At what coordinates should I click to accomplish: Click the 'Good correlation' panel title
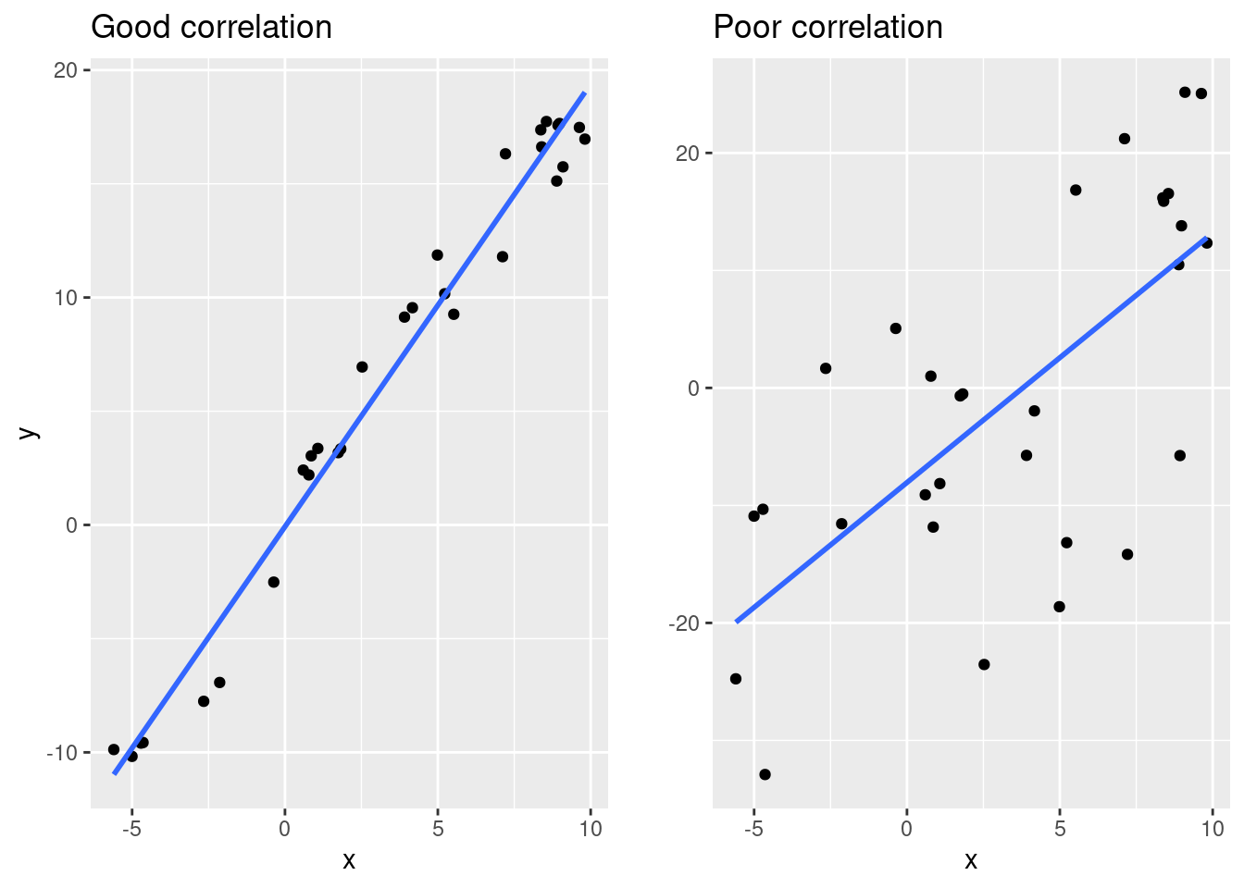point(211,28)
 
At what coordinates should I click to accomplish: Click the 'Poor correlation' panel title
point(827,28)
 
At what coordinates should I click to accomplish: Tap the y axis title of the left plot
point(29,432)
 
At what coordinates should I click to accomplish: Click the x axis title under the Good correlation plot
point(349,861)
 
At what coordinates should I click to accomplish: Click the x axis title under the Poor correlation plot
point(971,861)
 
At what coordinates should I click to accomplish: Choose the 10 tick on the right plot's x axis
point(1213,829)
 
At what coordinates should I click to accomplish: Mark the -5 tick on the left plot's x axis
point(131,829)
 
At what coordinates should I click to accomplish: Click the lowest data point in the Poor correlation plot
point(765,774)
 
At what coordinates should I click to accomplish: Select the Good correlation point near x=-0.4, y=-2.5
point(274,582)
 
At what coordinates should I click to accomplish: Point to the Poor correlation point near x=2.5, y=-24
point(984,664)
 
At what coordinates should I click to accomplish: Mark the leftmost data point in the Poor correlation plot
point(736,679)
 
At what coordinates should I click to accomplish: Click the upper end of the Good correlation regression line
point(584,92)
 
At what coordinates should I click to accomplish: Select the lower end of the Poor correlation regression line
point(737,622)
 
